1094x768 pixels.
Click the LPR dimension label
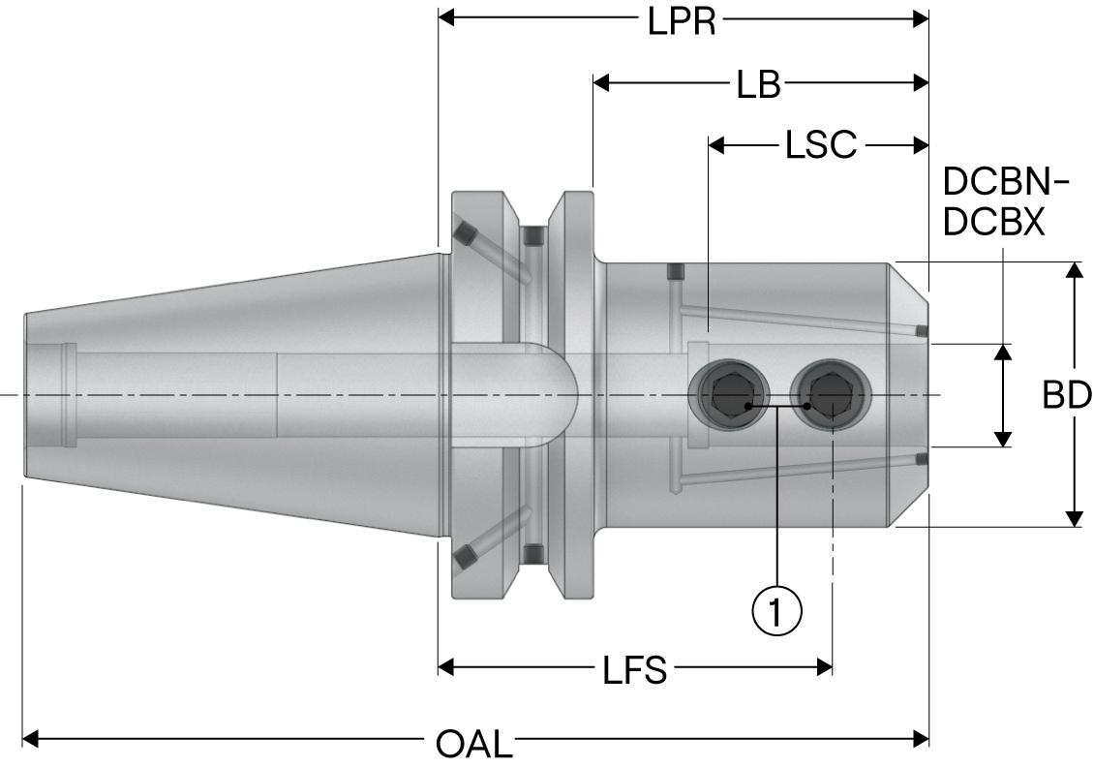(682, 21)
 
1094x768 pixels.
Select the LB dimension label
(757, 85)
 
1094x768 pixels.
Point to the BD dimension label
(1067, 395)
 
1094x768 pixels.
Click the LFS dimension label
(633, 669)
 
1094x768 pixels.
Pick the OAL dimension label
(472, 744)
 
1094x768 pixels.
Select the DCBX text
(993, 224)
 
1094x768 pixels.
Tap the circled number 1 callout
(776, 610)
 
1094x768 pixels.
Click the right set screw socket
(831, 392)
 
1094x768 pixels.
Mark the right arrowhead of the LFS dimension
(825, 667)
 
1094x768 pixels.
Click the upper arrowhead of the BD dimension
(1074, 270)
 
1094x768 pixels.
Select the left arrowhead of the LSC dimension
(717, 146)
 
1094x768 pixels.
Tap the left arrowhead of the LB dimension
(601, 83)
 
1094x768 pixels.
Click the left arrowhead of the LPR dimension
(447, 18)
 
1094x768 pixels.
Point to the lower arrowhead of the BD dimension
(1074, 519)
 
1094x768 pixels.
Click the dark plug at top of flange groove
(532, 235)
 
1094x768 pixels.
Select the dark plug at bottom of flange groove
(532, 553)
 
